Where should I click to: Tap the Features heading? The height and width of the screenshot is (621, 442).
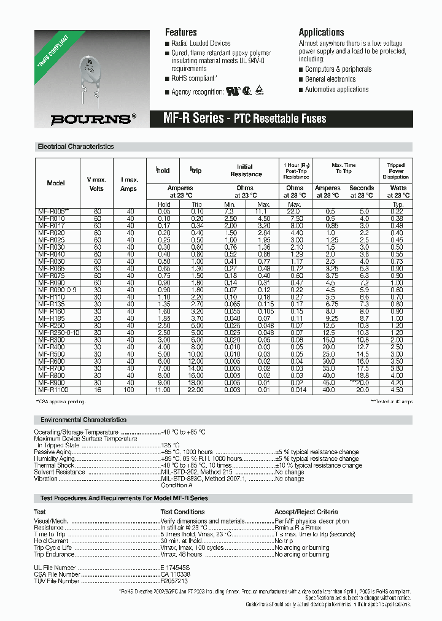pos(180,32)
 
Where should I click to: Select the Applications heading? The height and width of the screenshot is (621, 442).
pos(321,32)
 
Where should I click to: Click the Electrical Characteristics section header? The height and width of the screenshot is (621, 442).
pos(76,147)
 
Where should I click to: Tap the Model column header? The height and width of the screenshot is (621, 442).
pos(55,183)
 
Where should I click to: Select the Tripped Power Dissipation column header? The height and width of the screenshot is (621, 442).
pos(395,171)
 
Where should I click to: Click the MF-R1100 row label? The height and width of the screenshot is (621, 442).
pos(53,390)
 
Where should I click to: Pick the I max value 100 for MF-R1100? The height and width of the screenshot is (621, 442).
pos(130,390)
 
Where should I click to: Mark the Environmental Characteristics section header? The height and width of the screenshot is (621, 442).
pos(83,420)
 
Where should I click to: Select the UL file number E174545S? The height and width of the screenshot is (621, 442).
pos(175,568)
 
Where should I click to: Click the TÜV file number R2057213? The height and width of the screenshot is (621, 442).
pos(174,580)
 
